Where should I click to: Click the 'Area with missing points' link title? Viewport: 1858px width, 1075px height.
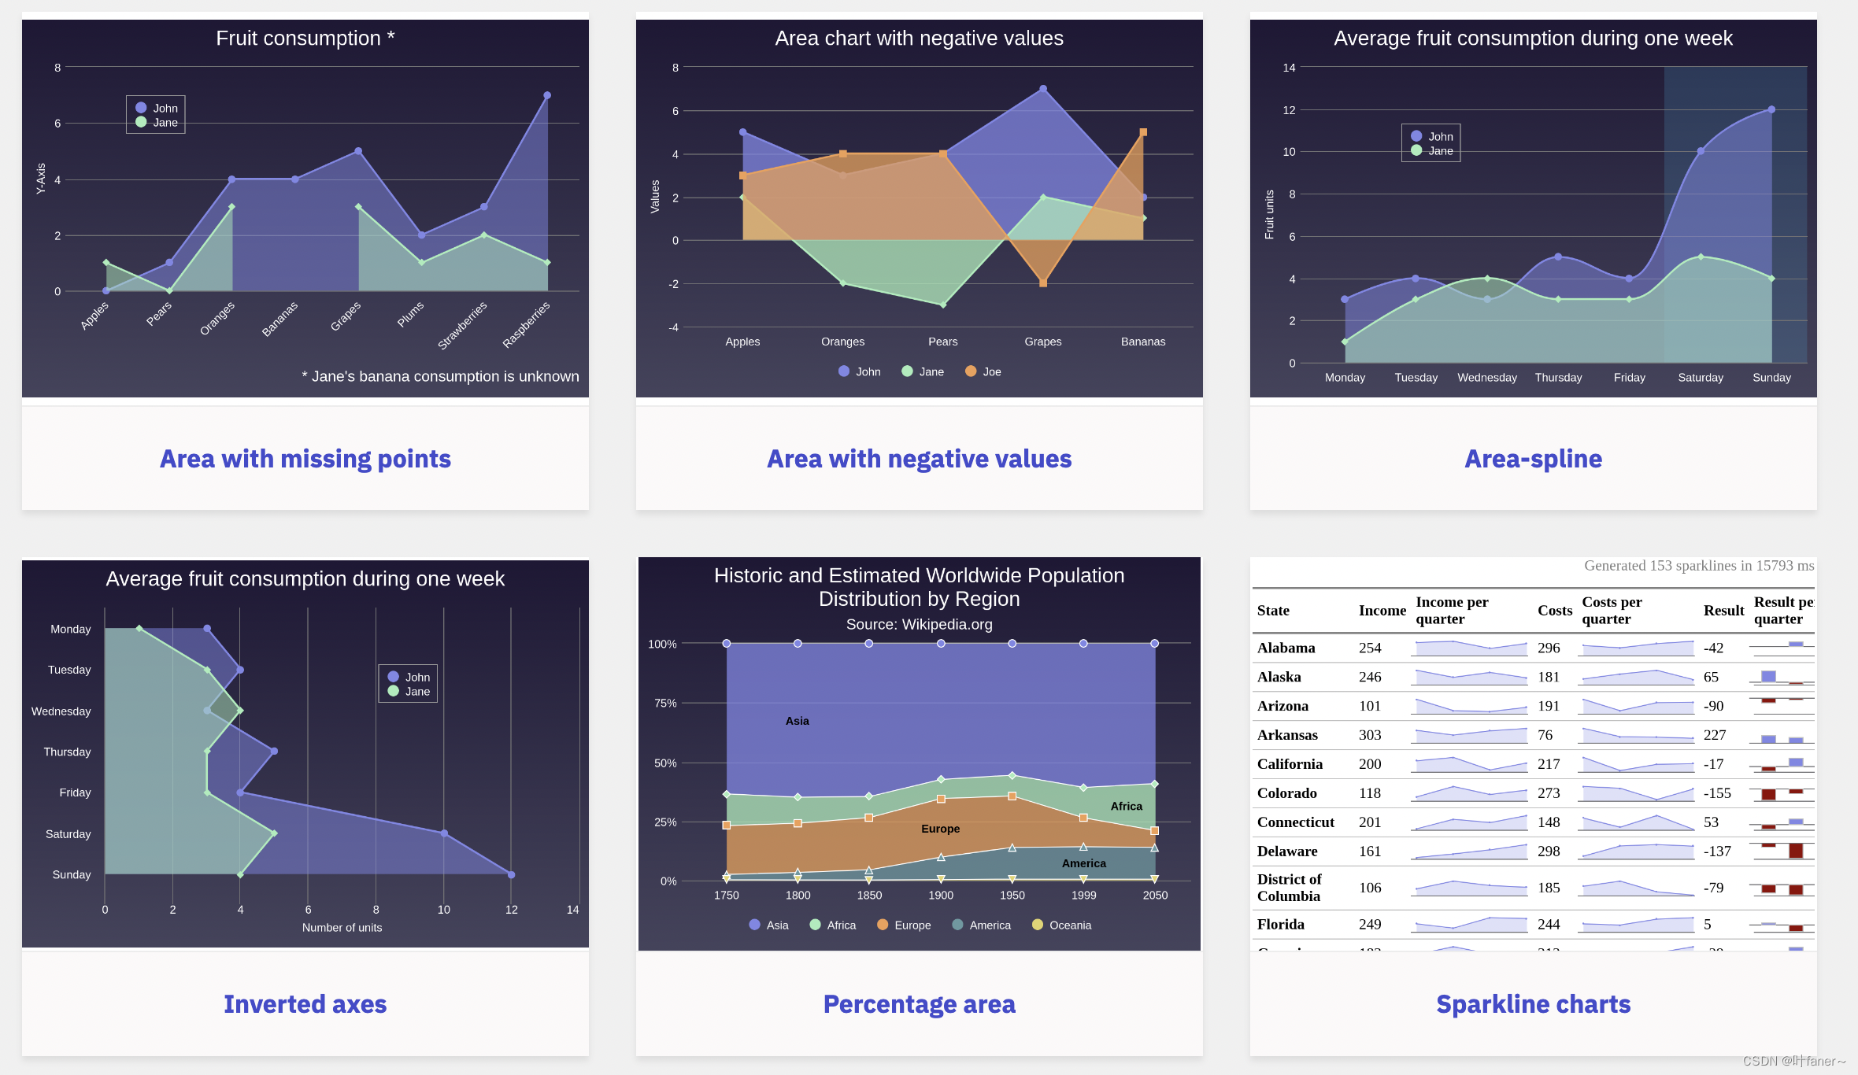(x=305, y=459)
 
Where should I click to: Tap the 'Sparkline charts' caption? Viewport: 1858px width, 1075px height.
(x=1533, y=1004)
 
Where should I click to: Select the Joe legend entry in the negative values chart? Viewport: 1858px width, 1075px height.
(x=983, y=371)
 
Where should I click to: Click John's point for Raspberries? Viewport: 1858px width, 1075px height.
(x=547, y=95)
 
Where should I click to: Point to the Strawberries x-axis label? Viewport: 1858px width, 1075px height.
(x=463, y=325)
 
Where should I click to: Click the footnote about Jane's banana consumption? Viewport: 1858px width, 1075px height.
(x=440, y=376)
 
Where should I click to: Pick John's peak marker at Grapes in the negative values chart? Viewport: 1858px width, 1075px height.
(x=1043, y=89)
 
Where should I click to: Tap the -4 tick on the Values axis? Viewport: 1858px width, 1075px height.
(x=673, y=327)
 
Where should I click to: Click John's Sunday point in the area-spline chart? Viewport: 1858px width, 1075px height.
(x=1771, y=109)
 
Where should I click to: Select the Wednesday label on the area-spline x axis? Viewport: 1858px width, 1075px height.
(x=1486, y=378)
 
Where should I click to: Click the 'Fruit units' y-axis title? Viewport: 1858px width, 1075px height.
(x=1269, y=214)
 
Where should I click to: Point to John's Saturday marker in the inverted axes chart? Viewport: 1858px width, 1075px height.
(x=444, y=833)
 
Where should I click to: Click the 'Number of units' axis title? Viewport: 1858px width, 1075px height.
(x=342, y=928)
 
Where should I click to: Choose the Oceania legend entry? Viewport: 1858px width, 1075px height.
(x=1062, y=925)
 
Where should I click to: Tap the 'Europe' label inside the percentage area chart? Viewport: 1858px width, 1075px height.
(x=940, y=829)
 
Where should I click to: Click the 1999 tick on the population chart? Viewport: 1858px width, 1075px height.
(x=1083, y=895)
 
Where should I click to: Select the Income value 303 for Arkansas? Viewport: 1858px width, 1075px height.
(x=1370, y=735)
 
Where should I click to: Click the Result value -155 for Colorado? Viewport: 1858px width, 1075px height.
(x=1717, y=793)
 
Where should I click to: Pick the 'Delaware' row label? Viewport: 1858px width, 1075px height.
(x=1287, y=852)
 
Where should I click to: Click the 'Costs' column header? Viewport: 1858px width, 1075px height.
(x=1555, y=611)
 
